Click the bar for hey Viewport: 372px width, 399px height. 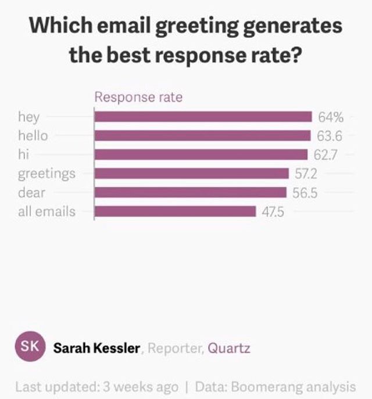203,117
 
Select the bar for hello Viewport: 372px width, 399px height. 202,136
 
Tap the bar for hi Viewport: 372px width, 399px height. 201,154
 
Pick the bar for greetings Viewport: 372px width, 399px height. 191,173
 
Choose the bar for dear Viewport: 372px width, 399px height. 190,192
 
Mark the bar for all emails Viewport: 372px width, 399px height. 175,211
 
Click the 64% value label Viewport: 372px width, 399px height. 331,117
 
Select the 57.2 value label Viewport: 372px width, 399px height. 306,173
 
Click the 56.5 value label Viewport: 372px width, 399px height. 305,192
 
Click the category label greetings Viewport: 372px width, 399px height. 46,173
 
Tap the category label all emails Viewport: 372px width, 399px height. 46,211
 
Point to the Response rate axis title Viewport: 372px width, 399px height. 138,97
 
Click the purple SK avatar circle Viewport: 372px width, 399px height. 30,347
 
